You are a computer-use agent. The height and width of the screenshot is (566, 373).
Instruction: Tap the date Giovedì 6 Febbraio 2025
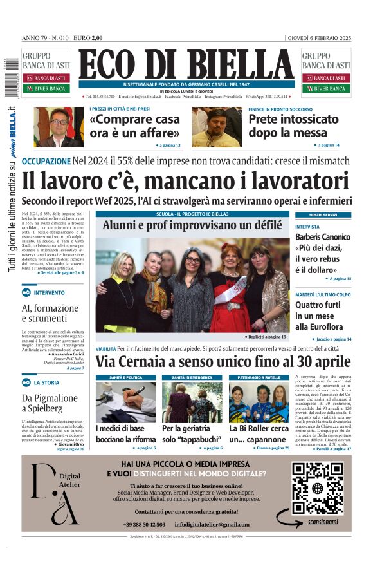(x=319, y=37)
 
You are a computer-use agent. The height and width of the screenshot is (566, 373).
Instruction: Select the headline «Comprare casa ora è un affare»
(x=135, y=126)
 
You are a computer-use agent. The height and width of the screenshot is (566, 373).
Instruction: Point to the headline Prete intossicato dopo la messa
(x=293, y=126)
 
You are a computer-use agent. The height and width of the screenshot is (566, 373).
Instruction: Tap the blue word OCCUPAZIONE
(x=46, y=161)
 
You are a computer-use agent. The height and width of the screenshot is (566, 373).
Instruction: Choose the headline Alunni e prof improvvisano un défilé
(x=192, y=225)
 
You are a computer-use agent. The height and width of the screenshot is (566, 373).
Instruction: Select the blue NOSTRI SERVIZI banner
(x=323, y=214)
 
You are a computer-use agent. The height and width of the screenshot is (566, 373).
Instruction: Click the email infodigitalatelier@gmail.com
(x=212, y=525)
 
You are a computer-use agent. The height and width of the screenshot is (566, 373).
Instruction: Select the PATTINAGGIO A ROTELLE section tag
(x=257, y=377)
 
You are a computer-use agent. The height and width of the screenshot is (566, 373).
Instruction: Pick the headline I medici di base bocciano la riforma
(x=125, y=433)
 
